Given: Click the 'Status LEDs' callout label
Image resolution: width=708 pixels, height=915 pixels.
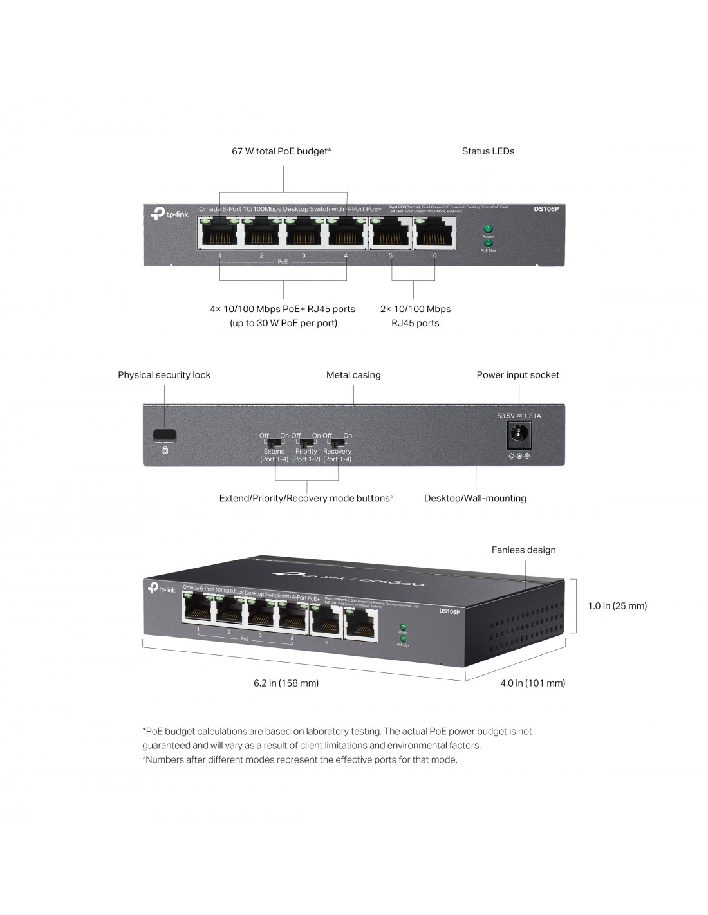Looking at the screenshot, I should tap(488, 151).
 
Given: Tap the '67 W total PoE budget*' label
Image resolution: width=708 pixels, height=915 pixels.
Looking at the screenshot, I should tap(281, 151).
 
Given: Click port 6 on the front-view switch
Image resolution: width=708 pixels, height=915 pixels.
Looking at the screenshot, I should tap(434, 232).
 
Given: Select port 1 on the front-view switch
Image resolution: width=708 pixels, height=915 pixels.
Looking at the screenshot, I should tap(220, 232).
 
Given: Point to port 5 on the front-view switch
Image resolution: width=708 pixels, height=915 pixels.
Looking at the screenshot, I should tap(391, 232).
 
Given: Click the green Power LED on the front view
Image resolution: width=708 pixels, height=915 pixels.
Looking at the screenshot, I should tap(488, 229).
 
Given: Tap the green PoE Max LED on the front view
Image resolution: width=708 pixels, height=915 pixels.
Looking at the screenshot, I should tap(488, 243).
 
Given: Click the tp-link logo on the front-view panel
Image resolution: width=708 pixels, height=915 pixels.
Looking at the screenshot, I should tap(169, 213).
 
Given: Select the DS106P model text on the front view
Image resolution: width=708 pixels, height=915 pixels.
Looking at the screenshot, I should tap(546, 208).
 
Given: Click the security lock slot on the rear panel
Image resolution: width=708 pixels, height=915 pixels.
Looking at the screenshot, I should tap(165, 435).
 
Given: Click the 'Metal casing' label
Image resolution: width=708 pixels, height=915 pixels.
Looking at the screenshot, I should tap(353, 375).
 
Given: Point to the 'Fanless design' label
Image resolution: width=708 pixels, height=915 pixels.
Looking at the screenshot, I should tap(523, 550).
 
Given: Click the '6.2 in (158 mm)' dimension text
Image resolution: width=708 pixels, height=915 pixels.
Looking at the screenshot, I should tap(286, 683).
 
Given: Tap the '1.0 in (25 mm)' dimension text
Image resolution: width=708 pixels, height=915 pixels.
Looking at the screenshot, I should tap(617, 605).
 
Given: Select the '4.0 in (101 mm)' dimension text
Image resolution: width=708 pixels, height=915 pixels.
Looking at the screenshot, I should tap(532, 683).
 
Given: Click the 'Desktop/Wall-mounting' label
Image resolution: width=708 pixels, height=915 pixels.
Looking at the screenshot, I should tap(475, 498).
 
